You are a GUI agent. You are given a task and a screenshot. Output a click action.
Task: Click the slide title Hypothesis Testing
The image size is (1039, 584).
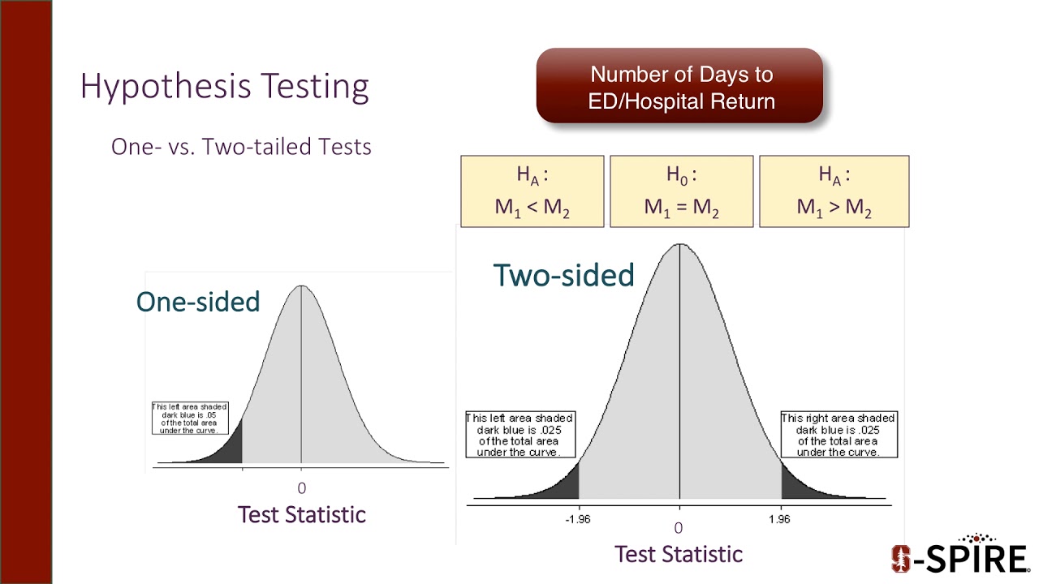(x=225, y=87)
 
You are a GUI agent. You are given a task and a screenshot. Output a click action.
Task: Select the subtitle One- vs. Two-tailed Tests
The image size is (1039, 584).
(x=241, y=147)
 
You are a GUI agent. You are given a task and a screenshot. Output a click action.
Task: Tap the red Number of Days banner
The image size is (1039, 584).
(x=680, y=87)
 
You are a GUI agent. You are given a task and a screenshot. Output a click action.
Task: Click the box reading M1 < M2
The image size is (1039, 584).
(x=532, y=191)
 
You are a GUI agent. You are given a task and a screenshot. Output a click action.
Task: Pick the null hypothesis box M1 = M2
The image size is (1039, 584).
(x=682, y=191)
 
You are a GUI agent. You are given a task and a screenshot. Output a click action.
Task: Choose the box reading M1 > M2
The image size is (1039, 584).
(x=834, y=191)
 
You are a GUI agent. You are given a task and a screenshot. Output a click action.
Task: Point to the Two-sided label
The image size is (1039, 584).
(x=563, y=276)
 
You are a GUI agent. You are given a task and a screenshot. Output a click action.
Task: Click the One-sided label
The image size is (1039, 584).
(x=198, y=302)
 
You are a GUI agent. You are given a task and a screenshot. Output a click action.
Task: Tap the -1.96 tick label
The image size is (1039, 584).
(x=577, y=520)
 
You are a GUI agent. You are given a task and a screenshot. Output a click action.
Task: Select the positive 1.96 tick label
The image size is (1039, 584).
(x=779, y=520)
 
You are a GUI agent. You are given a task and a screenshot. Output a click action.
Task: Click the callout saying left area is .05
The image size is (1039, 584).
(x=190, y=418)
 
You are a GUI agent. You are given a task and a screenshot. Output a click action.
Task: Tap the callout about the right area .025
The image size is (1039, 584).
(x=838, y=436)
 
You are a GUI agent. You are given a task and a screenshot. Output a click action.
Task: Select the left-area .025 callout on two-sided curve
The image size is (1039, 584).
(x=519, y=436)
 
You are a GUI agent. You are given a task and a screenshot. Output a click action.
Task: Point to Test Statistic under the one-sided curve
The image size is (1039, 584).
(x=301, y=514)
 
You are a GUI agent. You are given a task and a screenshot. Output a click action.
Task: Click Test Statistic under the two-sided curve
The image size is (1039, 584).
(x=679, y=554)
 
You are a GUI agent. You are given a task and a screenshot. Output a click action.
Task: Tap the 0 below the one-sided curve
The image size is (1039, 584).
(x=301, y=488)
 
